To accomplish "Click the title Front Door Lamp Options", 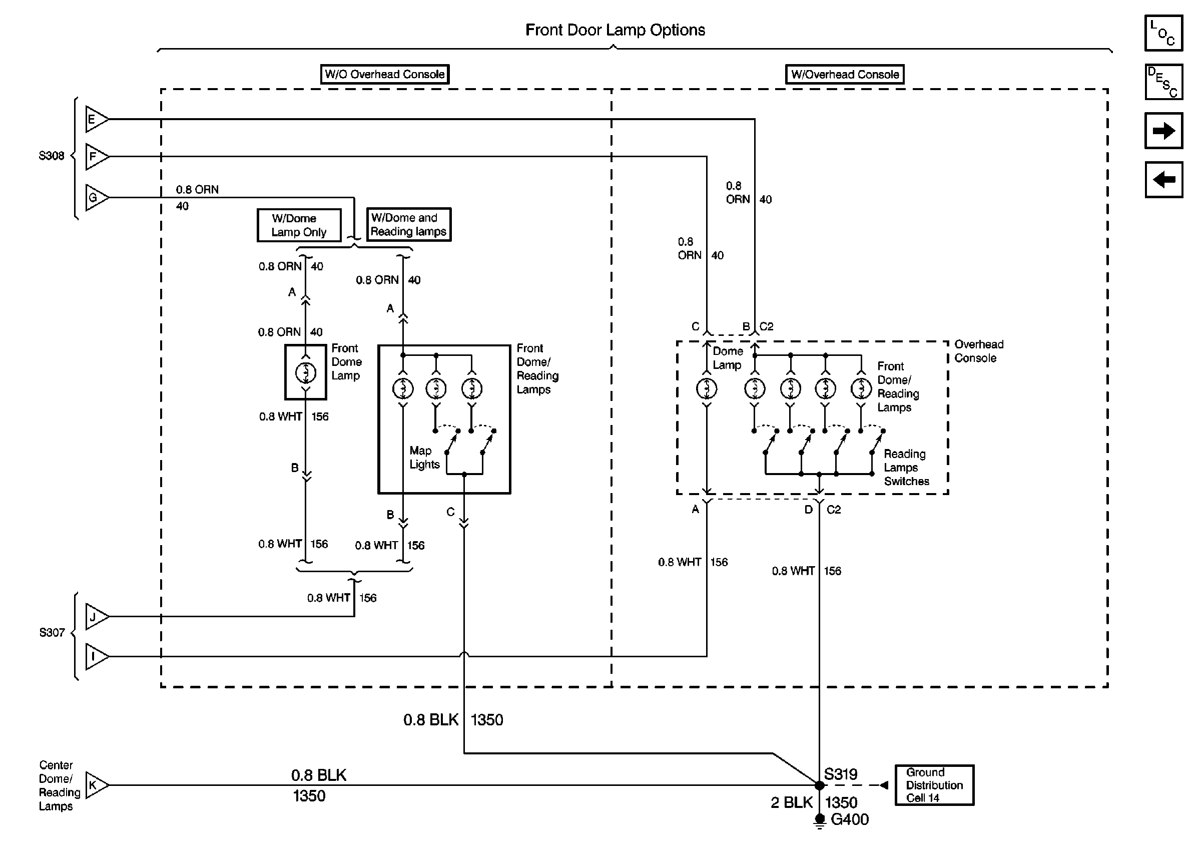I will coord(615,30).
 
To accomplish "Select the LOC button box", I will coord(1163,34).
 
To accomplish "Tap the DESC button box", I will coord(1163,82).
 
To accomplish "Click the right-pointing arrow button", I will coord(1163,131).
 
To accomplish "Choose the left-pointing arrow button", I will coord(1163,180).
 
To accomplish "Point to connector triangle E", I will coord(95,119).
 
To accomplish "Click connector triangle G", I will coord(95,198).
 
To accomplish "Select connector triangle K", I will coord(95,785).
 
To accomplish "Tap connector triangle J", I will coord(95,616).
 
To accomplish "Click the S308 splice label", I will coord(52,156).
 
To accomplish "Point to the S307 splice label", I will coord(52,632).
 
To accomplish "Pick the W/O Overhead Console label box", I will coord(385,74).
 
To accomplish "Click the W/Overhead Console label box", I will coord(845,75).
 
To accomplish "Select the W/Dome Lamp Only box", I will coord(299,225).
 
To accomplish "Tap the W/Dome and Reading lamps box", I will coord(408,225).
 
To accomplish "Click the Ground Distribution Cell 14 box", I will coord(934,785).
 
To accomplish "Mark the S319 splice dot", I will coord(819,785).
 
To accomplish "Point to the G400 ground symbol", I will coord(819,820).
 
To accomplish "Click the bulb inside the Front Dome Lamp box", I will coord(305,372).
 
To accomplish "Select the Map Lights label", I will coord(424,458).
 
